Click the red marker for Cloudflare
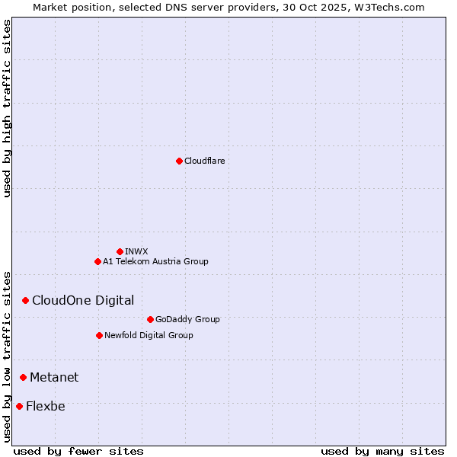179,161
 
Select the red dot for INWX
120,251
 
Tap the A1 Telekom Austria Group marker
97,261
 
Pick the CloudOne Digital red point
25,301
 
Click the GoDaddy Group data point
150,319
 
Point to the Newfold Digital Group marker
99,335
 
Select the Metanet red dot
23,377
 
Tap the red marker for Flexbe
19,406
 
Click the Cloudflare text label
204,161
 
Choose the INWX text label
136,251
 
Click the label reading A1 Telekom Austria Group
155,261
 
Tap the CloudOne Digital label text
83,301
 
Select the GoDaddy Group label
187,319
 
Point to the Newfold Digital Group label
149,335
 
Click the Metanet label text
54,377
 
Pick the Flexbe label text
46,406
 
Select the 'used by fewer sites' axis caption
78,451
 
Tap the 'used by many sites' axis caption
382,451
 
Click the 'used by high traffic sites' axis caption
7,108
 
